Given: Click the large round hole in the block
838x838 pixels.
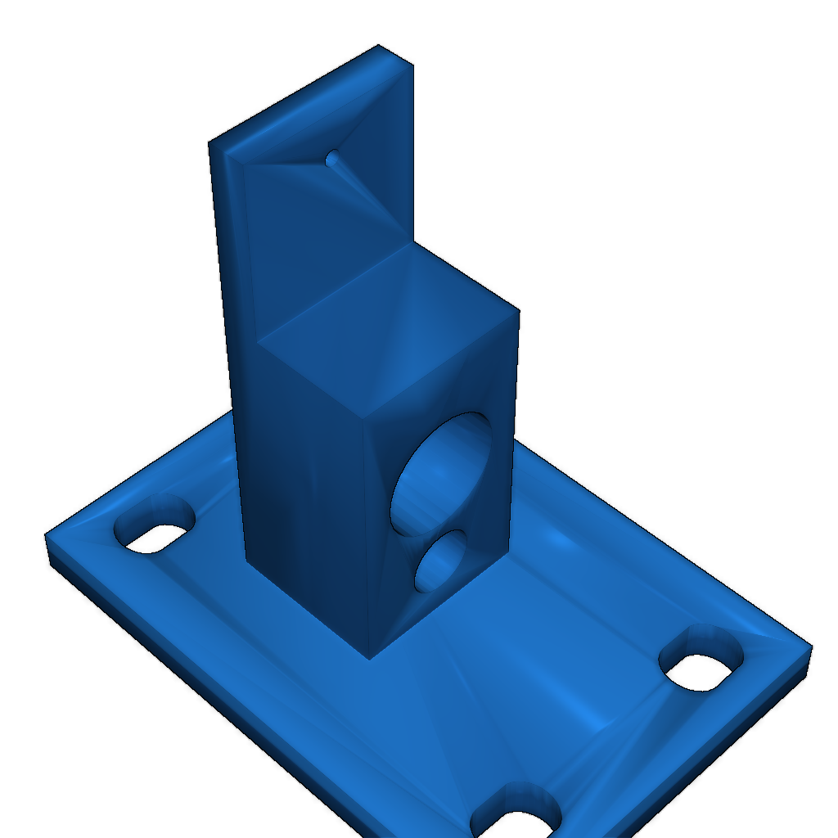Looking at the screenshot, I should [x=442, y=475].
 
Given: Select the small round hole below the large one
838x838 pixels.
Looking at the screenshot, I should [x=440, y=561].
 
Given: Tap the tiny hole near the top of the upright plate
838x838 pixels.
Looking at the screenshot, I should [x=333, y=157].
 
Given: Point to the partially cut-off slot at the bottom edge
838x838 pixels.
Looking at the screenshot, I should [x=516, y=818].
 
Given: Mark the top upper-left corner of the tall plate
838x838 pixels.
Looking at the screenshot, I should [x=209, y=145].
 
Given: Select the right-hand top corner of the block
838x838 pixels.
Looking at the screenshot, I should [x=518, y=310].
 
